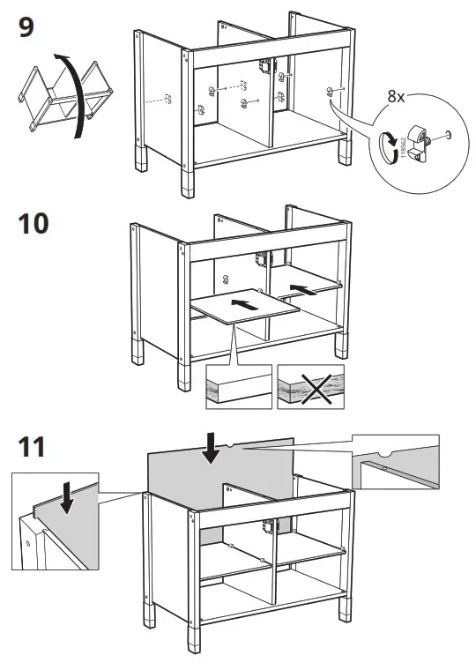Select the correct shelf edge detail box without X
pyautogui.click(x=237, y=386)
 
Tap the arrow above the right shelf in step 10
pyautogui.click(x=302, y=288)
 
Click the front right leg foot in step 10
pyautogui.click(x=339, y=346)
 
